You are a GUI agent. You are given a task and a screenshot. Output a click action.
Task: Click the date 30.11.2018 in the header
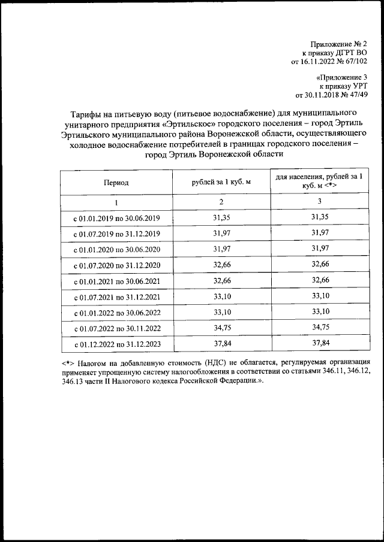click(x=324, y=94)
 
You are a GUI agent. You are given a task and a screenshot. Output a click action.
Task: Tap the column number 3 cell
click(x=319, y=202)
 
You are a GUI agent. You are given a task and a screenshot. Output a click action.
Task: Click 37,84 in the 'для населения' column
click(x=319, y=343)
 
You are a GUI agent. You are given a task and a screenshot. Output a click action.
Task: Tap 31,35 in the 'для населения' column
click(x=319, y=217)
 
